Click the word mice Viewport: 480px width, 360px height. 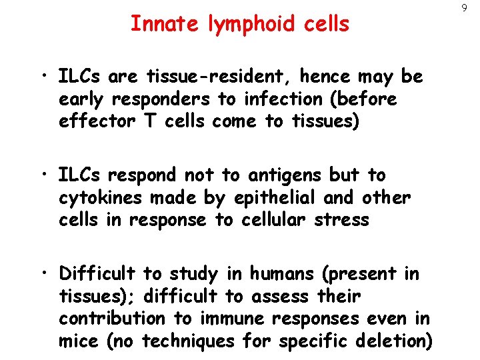[79, 341]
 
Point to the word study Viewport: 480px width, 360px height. [198, 274]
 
